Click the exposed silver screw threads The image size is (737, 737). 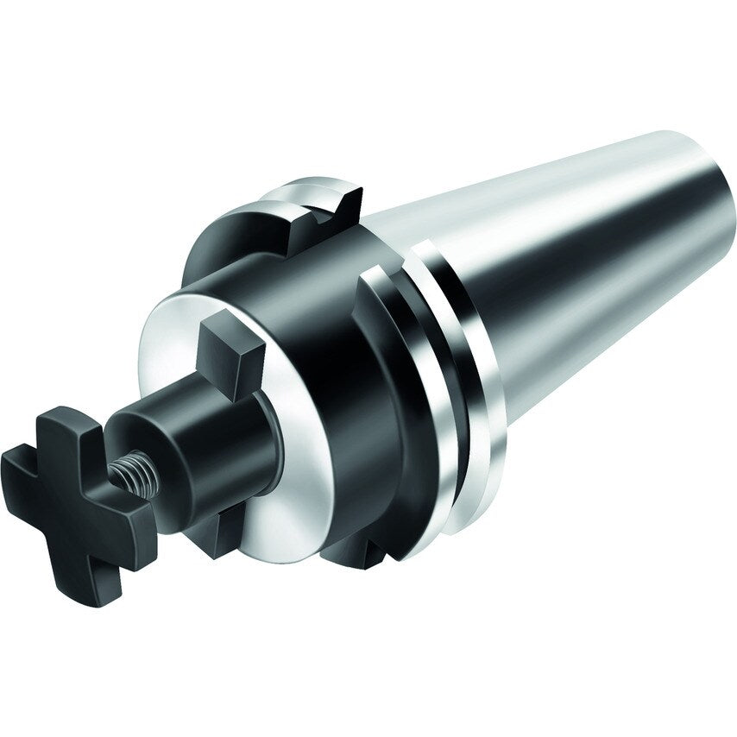(x=129, y=473)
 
